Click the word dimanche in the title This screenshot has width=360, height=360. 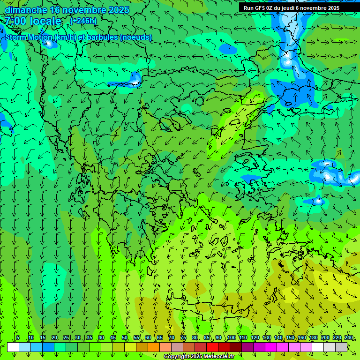26,10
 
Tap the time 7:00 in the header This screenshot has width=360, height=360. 15,21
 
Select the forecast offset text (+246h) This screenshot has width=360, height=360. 83,21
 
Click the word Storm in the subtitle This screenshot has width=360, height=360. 17,37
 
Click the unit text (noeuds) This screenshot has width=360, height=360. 136,37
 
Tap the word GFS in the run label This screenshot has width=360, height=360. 260,8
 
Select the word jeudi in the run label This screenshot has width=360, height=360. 289,8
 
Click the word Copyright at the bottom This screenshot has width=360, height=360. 177,357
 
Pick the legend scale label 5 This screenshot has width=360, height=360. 18,337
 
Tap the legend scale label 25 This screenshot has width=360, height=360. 66,337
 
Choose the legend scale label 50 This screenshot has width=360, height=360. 124,337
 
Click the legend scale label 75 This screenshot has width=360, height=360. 183,337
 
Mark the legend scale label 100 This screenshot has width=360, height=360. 231,337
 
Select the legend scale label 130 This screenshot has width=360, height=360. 266,337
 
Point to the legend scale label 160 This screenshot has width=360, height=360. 301,337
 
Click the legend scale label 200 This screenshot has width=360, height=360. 325,337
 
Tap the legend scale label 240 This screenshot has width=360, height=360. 348,337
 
